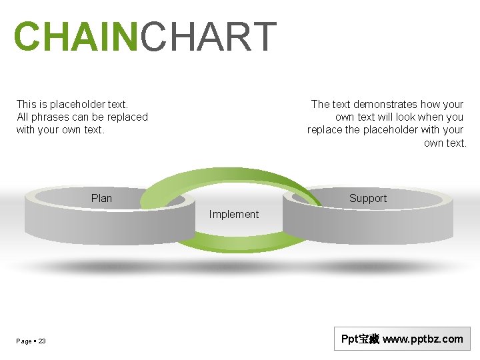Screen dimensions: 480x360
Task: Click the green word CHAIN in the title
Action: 75,37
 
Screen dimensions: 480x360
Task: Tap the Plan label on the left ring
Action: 101,198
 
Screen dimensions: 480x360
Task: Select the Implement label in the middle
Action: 233,214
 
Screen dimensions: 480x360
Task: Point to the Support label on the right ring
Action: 367,198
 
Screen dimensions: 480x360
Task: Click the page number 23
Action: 42,341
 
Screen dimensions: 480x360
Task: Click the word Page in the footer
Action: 24,341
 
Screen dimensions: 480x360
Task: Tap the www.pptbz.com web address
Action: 423,339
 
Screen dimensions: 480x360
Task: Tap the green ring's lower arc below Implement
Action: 233,244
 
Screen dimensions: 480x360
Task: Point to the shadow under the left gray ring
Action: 107,267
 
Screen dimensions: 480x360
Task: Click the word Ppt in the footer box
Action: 350,339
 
